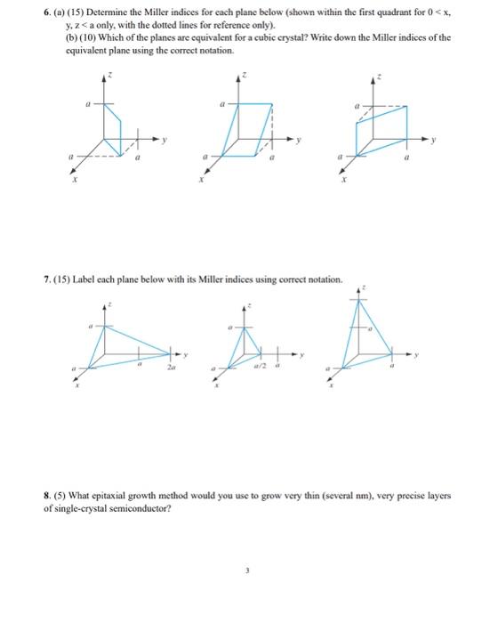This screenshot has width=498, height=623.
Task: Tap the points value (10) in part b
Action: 73,39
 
